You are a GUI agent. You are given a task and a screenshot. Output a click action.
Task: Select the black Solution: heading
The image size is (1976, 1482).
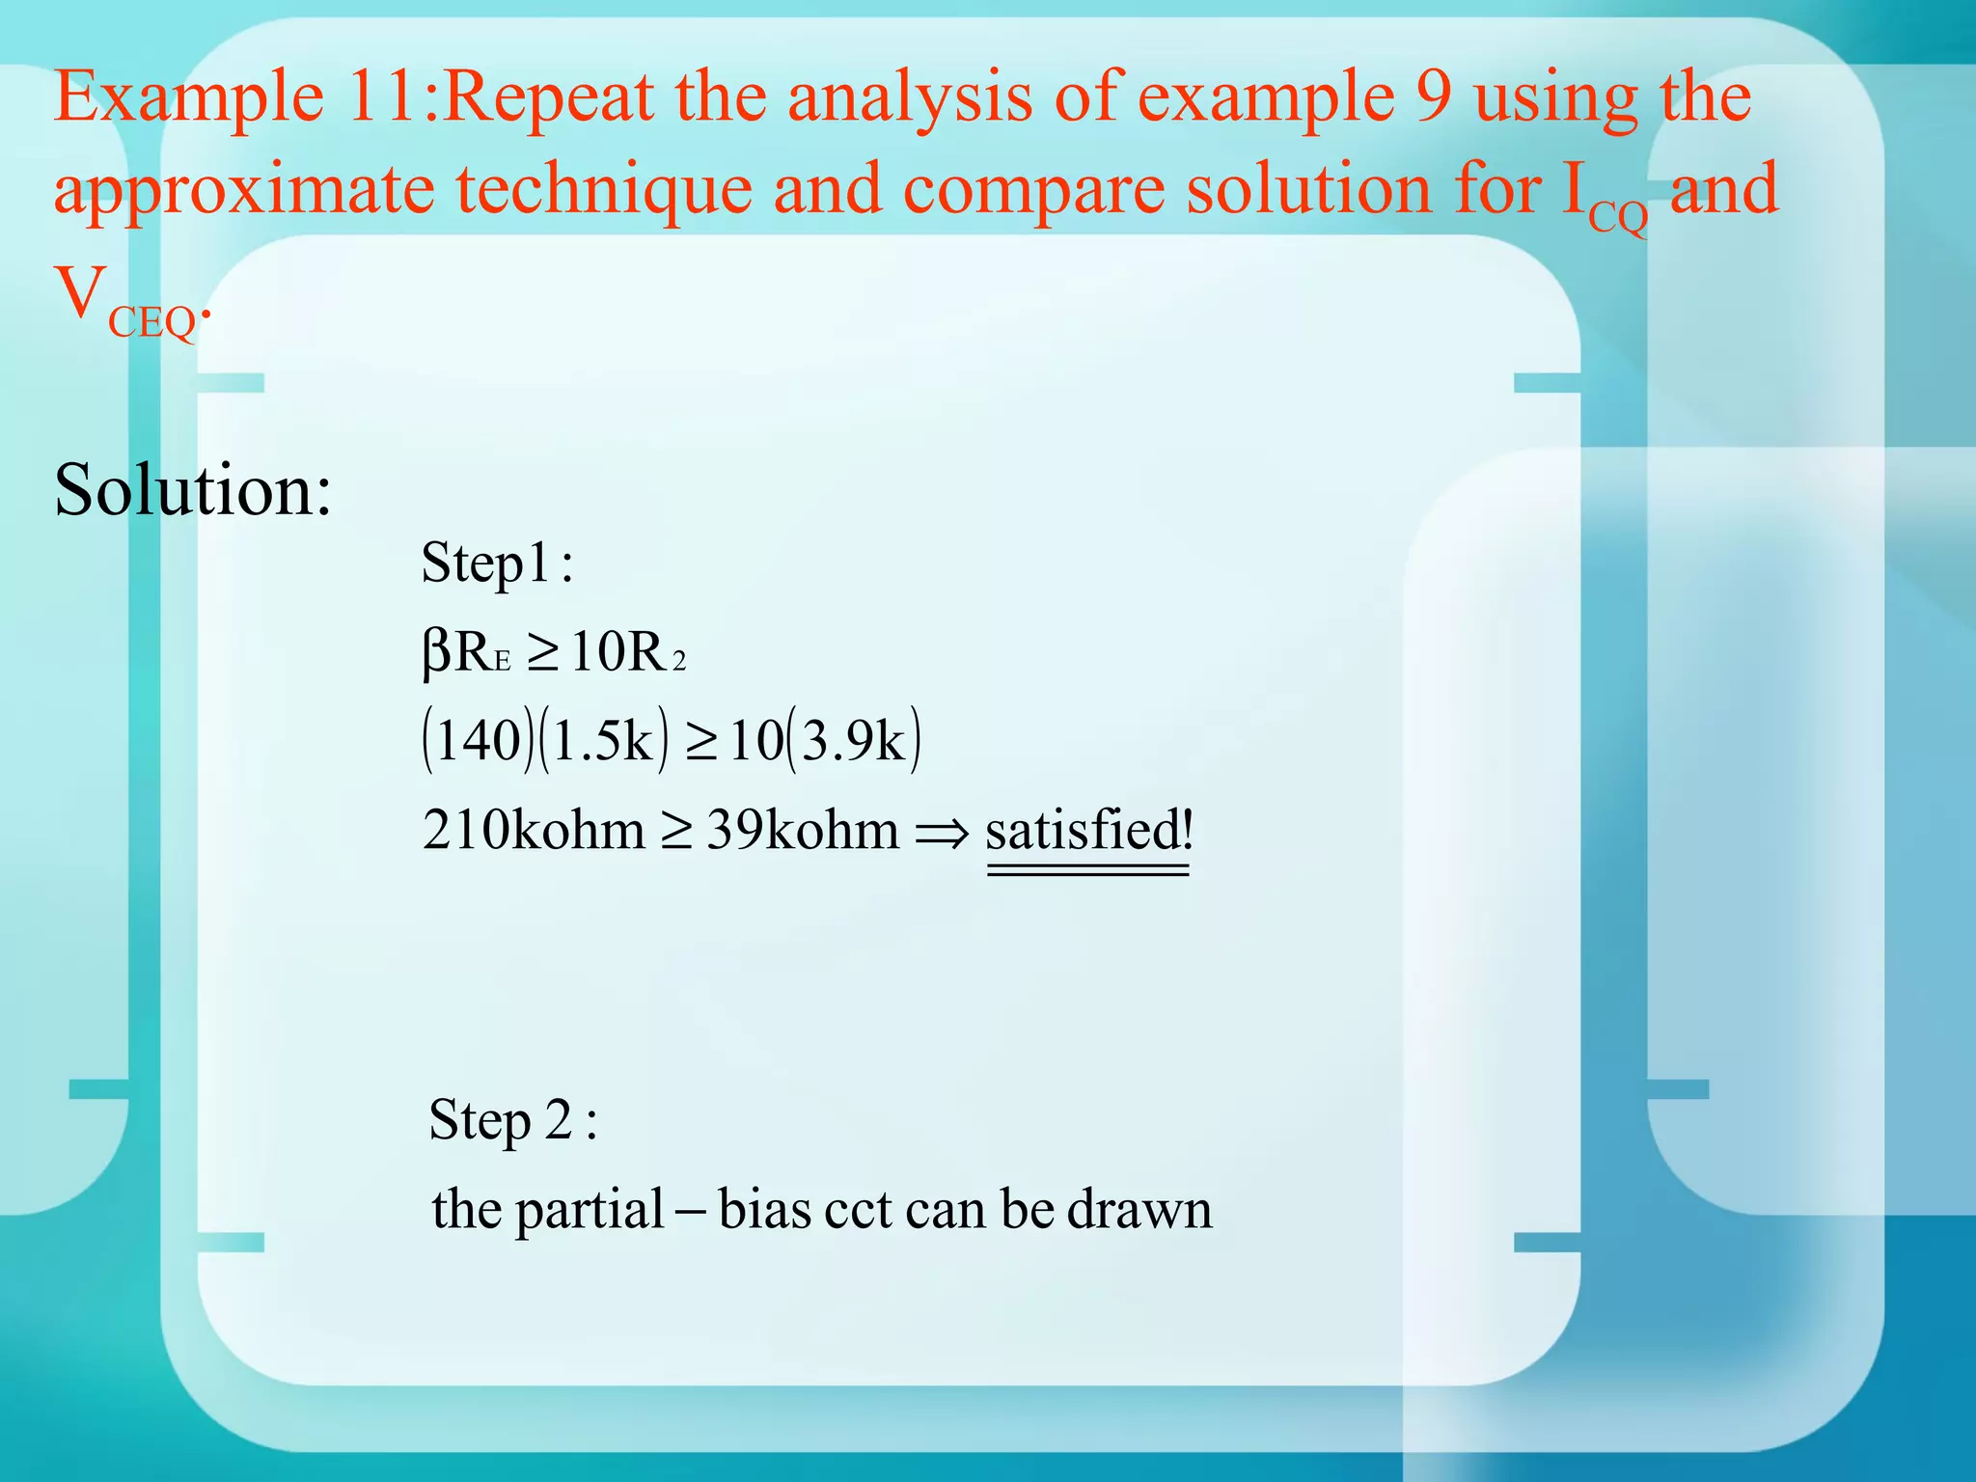coord(193,490)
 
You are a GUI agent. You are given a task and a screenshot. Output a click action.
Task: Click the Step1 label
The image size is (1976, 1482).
coord(487,563)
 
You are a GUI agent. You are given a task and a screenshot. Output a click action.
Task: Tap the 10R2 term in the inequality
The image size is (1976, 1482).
coord(627,653)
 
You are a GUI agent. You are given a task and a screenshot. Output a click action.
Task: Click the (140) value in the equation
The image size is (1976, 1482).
coord(478,741)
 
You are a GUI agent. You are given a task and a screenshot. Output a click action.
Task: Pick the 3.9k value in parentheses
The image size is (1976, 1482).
coord(854,741)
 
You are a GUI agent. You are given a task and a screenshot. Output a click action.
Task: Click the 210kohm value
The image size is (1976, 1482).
coord(534,830)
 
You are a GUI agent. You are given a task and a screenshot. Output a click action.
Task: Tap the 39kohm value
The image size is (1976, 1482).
coord(802,830)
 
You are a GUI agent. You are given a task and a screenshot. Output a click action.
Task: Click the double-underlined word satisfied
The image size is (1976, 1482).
coord(1087,831)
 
